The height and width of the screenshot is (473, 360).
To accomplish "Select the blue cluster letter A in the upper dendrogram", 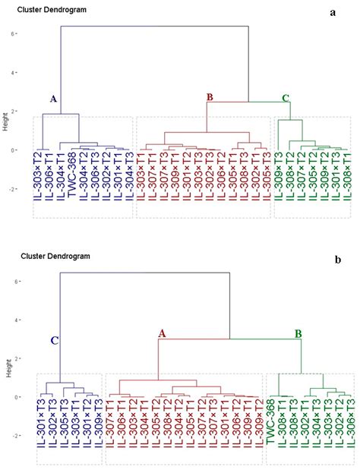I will (x=53, y=99).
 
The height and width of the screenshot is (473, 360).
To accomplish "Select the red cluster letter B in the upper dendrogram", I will (x=210, y=96).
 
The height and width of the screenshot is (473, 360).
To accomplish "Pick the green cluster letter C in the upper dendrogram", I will (x=285, y=98).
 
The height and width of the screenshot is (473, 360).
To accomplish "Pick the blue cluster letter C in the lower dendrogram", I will (x=55, y=341).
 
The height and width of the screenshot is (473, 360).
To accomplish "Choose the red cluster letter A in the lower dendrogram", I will (x=162, y=333).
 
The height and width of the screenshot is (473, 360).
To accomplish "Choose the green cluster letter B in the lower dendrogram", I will (x=298, y=333).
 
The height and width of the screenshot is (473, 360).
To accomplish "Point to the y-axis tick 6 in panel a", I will (x=24, y=34).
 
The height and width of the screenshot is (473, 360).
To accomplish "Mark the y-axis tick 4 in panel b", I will (x=24, y=320).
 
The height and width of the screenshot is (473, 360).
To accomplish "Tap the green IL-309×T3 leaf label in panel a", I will (x=279, y=181).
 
